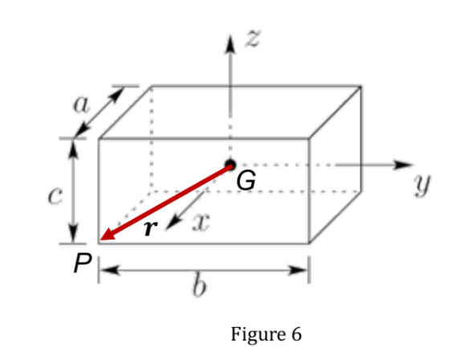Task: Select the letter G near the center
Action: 247,182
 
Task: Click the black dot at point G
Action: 230,165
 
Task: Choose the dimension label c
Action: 53,195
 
